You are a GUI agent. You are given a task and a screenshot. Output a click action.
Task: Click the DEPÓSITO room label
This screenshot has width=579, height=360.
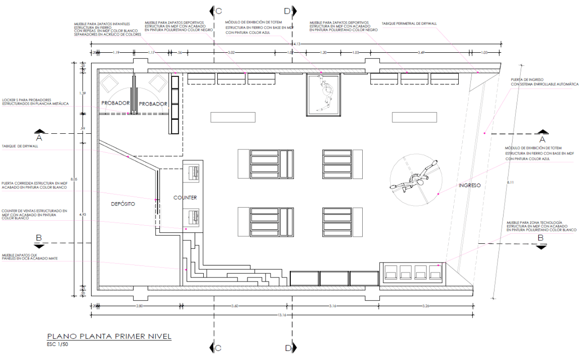click(x=123, y=205)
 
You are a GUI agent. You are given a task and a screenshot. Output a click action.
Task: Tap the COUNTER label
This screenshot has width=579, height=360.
click(x=185, y=198)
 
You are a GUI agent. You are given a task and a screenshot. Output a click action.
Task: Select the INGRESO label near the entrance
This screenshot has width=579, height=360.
click(x=469, y=185)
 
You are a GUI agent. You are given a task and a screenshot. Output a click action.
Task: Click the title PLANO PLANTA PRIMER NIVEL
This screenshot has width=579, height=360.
click(x=109, y=336)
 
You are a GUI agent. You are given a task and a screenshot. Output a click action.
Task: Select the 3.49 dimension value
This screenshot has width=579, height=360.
click(x=422, y=52)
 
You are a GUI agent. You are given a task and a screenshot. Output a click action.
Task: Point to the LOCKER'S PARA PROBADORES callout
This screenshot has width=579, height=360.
click(x=35, y=101)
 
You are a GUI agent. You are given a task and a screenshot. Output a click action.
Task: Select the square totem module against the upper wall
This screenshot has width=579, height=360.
click(x=324, y=94)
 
